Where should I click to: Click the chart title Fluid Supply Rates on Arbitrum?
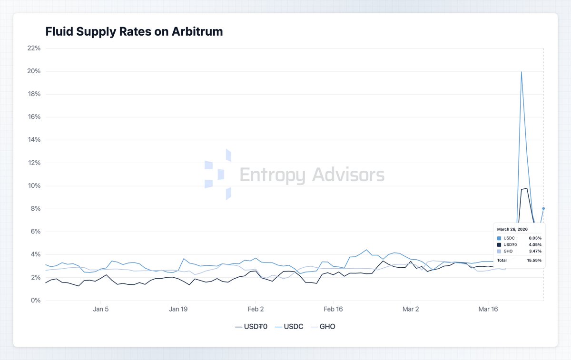pyautogui.click(x=134, y=32)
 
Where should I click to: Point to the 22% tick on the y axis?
pyautogui.click(x=34, y=49)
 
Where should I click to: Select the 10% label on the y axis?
pyautogui.click(x=34, y=186)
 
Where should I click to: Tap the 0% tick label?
pyautogui.click(x=36, y=301)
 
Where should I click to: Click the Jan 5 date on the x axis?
pyautogui.click(x=100, y=309)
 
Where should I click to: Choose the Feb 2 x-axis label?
pyautogui.click(x=256, y=309)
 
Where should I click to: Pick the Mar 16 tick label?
pyautogui.click(x=488, y=309)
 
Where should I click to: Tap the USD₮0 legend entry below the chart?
pyautogui.click(x=252, y=327)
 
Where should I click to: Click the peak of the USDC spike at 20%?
pyautogui.click(x=522, y=72)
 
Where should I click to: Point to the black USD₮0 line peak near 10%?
pyautogui.click(x=526, y=188)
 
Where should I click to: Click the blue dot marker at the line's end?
pyautogui.click(x=543, y=208)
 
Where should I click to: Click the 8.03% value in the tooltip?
pyautogui.click(x=535, y=238)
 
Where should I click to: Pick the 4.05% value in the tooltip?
pyautogui.click(x=535, y=244)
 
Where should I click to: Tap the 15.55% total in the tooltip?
pyautogui.click(x=534, y=260)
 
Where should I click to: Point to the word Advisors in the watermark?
pyautogui.click(x=348, y=175)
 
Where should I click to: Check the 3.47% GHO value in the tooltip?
pyautogui.click(x=535, y=251)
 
